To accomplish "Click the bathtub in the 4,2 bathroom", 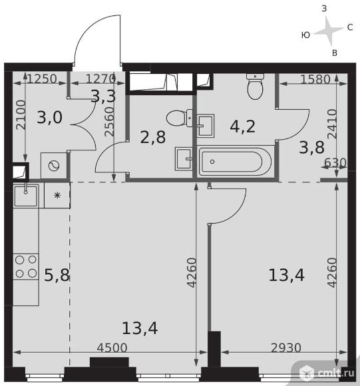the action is pyautogui.click(x=236, y=162).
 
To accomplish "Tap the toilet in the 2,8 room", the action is pyautogui.click(x=180, y=118).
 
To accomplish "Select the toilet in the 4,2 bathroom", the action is pyautogui.click(x=255, y=86).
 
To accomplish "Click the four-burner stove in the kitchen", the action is pyautogui.click(x=26, y=267).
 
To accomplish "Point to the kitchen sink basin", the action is pyautogui.click(x=25, y=196).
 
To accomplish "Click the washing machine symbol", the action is pyautogui.click(x=54, y=166).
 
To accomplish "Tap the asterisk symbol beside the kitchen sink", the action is pyautogui.click(x=57, y=196).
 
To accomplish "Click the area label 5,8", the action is pyautogui.click(x=57, y=275).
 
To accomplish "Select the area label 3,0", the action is pyautogui.click(x=50, y=117).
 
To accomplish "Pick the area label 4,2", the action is pyautogui.click(x=243, y=126).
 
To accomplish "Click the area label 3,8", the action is pyautogui.click(x=312, y=147).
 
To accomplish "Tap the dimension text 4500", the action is pyautogui.click(x=112, y=348).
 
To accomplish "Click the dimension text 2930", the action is pyautogui.click(x=286, y=348).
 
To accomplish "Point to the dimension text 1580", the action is pyautogui.click(x=315, y=79).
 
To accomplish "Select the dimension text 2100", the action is pyautogui.click(x=21, y=114).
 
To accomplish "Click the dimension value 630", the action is pyautogui.click(x=335, y=163).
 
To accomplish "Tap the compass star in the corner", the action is pyautogui.click(x=329, y=31).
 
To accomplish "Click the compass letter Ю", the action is pyautogui.click(x=305, y=35).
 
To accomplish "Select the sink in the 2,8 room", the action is pyautogui.click(x=184, y=159).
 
